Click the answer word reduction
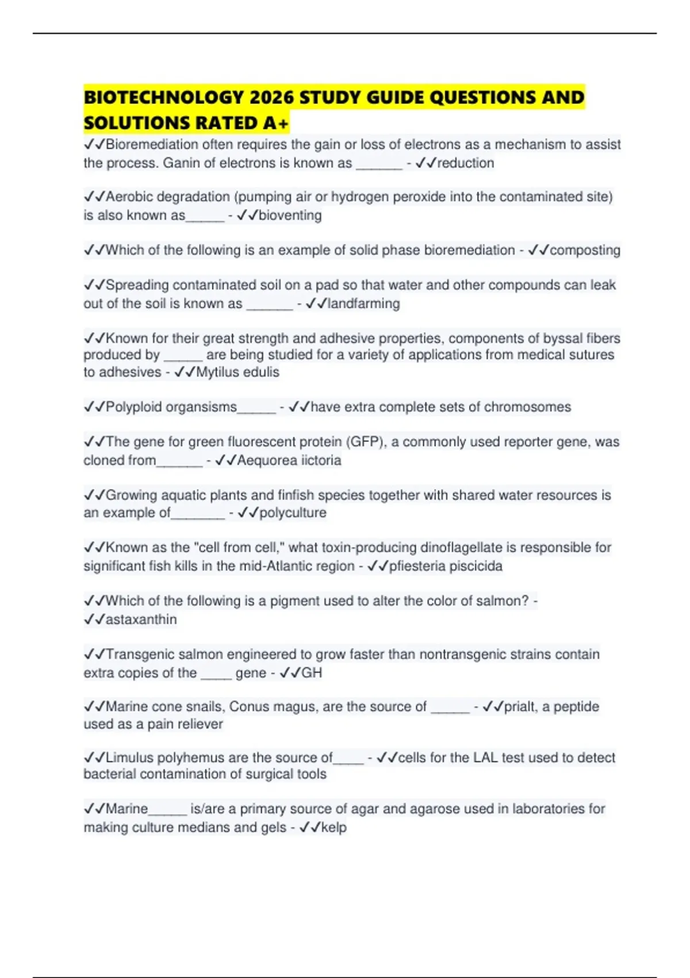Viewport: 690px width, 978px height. click(465, 163)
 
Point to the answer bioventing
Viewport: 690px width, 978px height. click(290, 216)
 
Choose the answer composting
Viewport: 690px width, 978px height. click(585, 250)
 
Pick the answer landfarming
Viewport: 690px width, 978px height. click(363, 304)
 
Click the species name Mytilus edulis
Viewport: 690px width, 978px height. click(237, 372)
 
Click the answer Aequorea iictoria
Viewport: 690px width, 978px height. click(289, 460)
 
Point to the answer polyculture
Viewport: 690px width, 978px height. click(293, 513)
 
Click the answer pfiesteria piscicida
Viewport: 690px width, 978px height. click(446, 566)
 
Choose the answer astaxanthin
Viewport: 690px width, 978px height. click(141, 620)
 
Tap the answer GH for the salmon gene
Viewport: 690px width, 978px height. click(312, 673)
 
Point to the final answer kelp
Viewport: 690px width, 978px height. click(333, 828)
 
